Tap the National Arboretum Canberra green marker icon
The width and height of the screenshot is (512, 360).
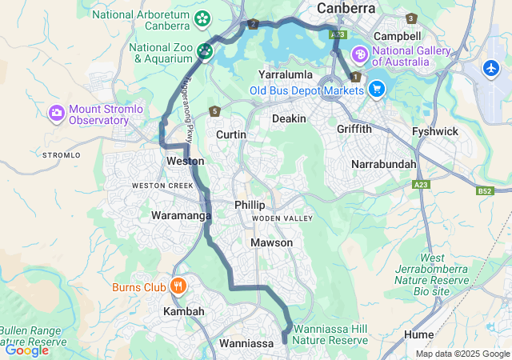202,18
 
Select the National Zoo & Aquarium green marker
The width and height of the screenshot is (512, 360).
205,52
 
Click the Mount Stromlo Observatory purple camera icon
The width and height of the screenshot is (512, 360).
57,113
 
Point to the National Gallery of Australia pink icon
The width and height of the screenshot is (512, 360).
360,54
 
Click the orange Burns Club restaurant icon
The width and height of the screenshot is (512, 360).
178,286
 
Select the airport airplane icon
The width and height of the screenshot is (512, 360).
492,69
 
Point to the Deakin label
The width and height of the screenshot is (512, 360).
289,118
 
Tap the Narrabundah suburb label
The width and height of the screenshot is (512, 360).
384,164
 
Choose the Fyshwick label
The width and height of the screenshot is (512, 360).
434,130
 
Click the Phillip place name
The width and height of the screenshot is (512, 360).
250,205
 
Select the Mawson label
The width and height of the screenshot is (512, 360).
271,242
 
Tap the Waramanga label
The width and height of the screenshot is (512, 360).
181,215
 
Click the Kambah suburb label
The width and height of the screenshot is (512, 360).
183,310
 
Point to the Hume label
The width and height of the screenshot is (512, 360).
419,334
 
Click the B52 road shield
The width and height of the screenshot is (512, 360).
483,190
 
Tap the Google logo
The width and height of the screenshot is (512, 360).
26,350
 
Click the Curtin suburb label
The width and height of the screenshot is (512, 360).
231,134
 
